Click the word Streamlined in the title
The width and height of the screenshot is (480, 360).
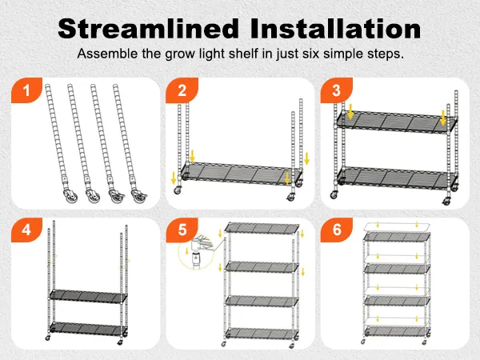click(x=149, y=29)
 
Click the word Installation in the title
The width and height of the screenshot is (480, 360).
click(x=335, y=29)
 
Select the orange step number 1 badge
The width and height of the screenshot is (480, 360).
click(x=26, y=90)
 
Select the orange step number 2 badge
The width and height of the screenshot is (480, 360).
click(x=182, y=90)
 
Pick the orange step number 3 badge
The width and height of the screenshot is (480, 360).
click(x=337, y=90)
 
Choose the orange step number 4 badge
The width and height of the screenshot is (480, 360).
click(x=26, y=230)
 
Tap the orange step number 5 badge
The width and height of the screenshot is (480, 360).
click(x=182, y=230)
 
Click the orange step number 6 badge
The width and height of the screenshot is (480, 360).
click(x=337, y=230)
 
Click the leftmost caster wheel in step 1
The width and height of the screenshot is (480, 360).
click(x=70, y=196)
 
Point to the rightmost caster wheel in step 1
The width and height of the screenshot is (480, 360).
click(x=139, y=196)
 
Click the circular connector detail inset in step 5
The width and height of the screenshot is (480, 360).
click(x=196, y=252)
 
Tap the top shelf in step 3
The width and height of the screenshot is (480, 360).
click(x=397, y=122)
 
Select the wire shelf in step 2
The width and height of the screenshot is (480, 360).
click(x=239, y=174)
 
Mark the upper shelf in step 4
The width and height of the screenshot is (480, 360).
click(x=89, y=296)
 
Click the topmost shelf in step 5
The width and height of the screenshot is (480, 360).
click(x=262, y=227)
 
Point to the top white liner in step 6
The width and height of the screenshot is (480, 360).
click(x=397, y=227)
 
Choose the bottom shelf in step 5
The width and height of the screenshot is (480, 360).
click(x=262, y=333)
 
